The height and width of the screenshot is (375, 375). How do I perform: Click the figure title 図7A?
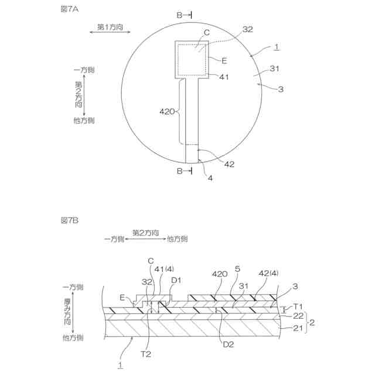coord(69,10)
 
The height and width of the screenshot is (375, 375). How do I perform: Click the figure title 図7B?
coord(69,220)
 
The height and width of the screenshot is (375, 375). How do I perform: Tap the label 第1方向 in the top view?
coord(110,27)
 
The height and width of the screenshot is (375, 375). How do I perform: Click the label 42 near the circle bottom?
coord(229,165)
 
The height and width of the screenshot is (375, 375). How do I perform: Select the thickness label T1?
coord(297,306)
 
